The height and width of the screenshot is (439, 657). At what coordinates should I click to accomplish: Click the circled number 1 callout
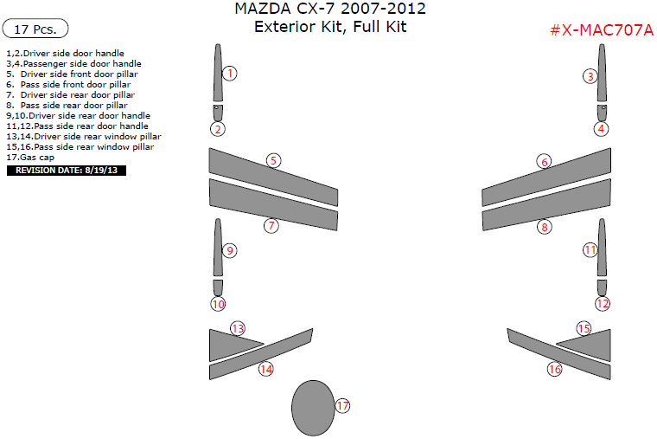[229, 74]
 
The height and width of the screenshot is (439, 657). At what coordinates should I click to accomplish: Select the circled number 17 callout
[342, 405]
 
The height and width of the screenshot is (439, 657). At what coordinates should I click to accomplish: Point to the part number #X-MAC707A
[602, 30]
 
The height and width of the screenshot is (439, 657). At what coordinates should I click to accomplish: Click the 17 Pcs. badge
[35, 29]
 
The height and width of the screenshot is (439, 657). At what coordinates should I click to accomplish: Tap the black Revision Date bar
[67, 171]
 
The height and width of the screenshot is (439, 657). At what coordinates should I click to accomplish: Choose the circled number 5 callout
[273, 160]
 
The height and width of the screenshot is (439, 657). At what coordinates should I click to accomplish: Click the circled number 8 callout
[544, 227]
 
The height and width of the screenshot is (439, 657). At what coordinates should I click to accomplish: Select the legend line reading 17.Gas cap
[31, 158]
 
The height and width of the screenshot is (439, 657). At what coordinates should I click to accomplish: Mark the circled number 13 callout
[238, 328]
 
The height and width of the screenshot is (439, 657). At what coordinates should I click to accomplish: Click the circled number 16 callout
[554, 369]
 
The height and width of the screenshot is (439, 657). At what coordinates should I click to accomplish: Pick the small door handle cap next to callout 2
[217, 112]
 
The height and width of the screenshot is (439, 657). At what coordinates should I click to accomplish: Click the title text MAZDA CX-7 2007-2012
[329, 10]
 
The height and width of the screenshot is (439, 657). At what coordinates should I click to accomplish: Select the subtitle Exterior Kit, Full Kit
[329, 27]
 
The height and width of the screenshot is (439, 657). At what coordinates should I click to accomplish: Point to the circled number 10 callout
[218, 304]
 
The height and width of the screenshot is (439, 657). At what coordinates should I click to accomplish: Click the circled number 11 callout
[590, 249]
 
